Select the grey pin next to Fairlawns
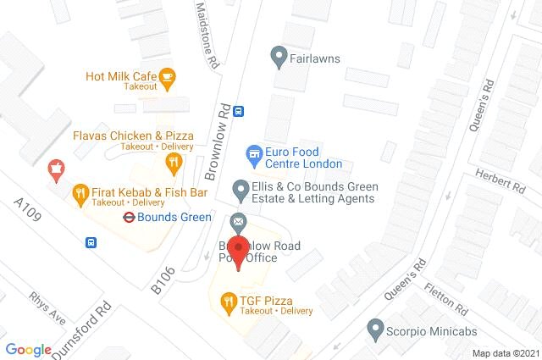278,58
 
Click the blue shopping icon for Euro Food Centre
252,154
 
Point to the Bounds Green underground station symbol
128,217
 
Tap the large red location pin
240,252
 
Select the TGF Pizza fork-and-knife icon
227,300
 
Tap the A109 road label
28,214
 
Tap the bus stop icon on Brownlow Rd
240,110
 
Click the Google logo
28,349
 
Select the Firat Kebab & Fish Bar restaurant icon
80,193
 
